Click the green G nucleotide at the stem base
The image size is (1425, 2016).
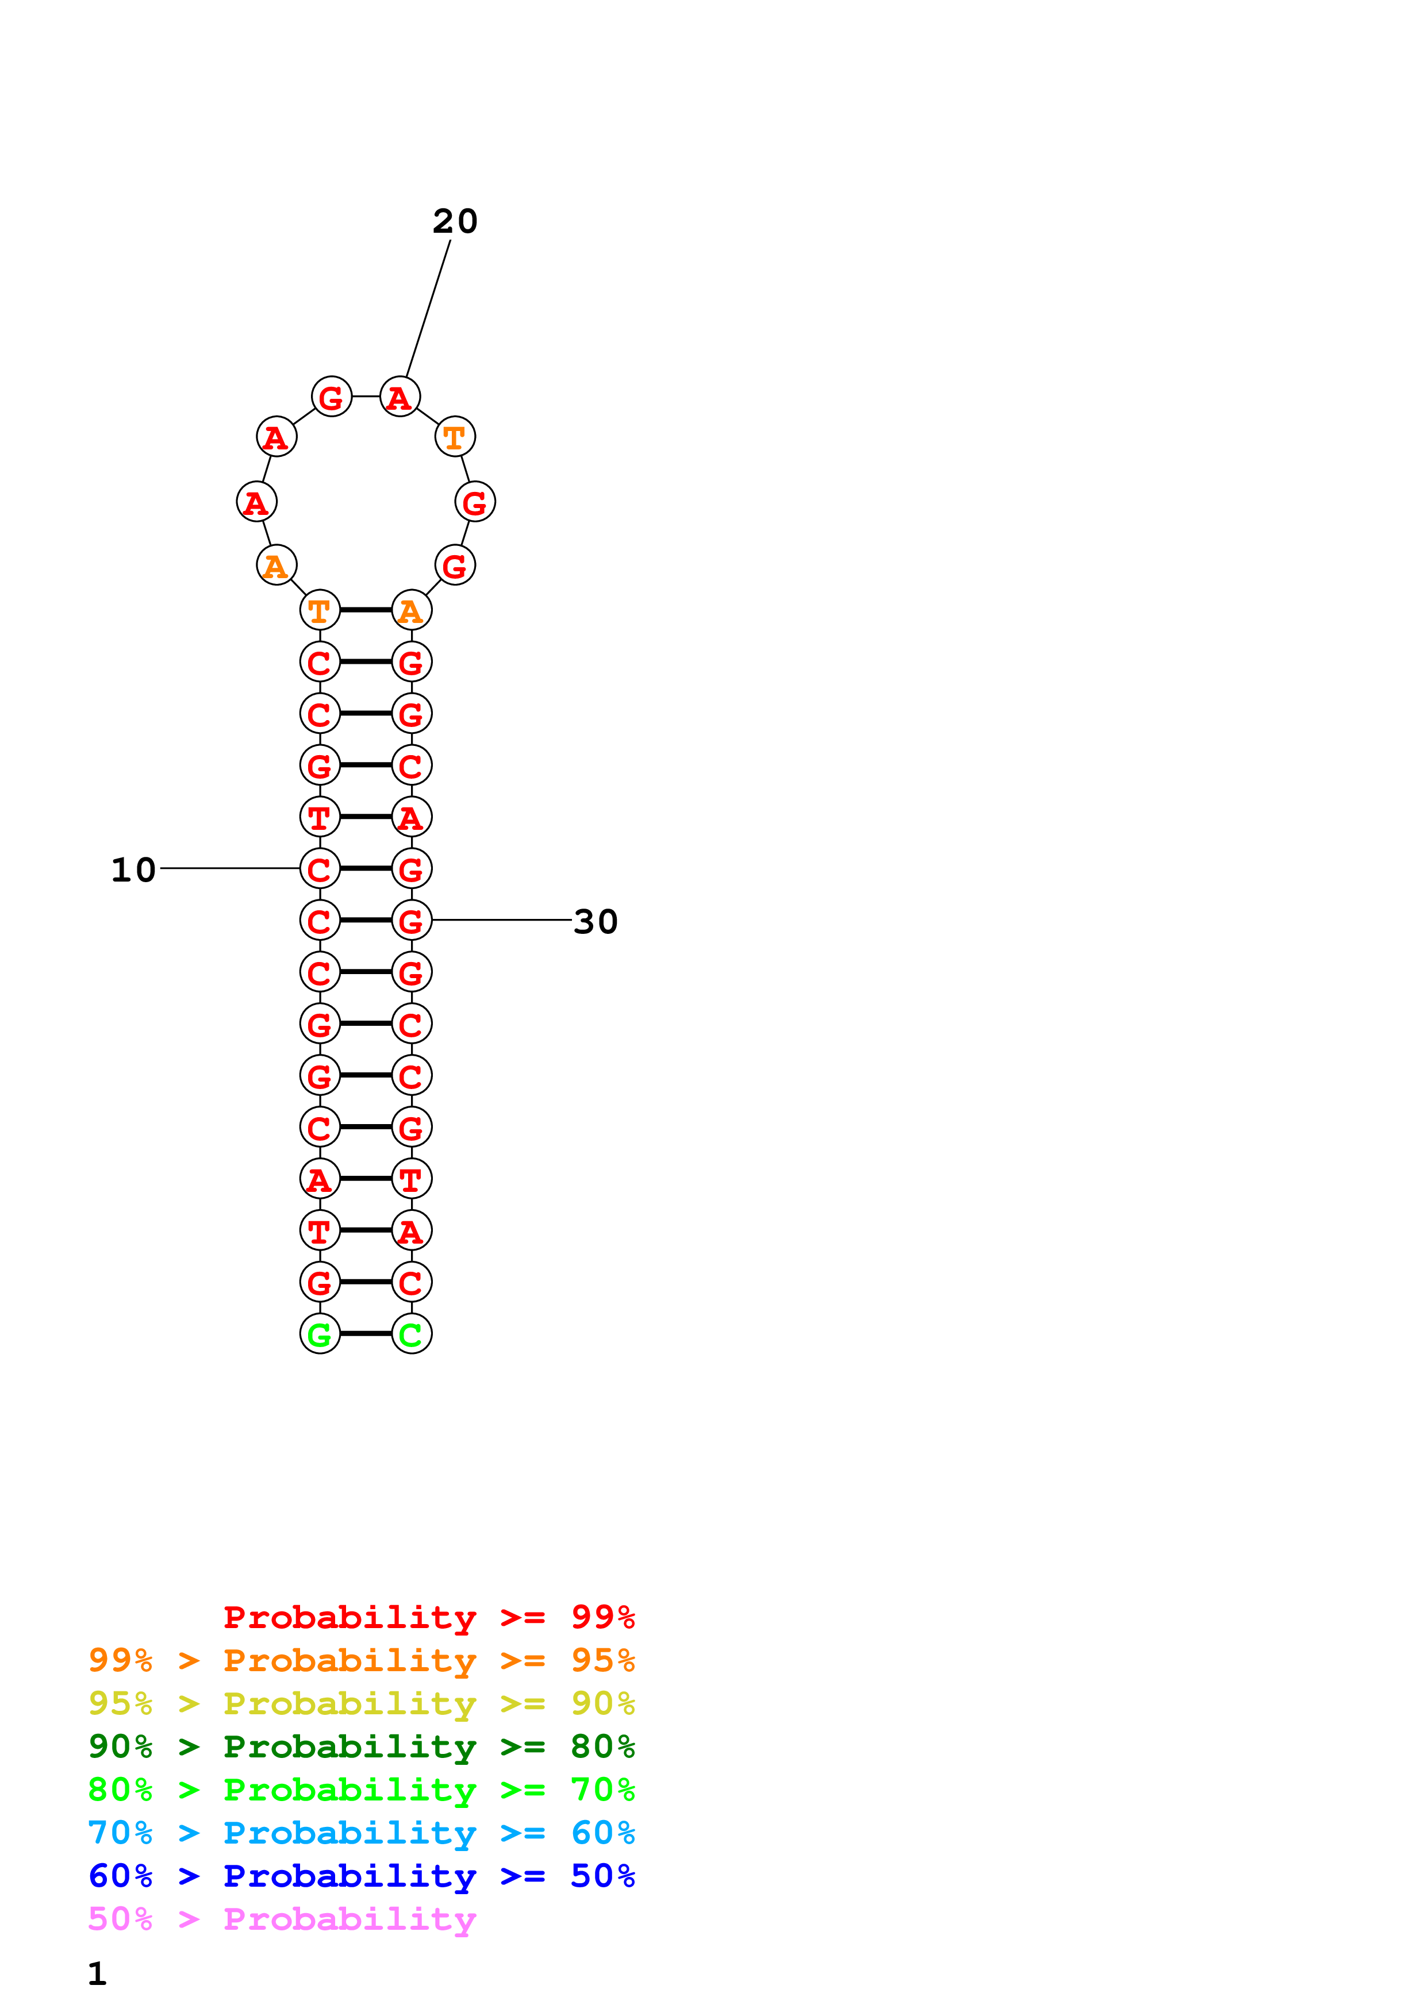tap(320, 1334)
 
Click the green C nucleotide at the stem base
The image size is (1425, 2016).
tap(411, 1334)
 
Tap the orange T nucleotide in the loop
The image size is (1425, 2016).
tap(455, 436)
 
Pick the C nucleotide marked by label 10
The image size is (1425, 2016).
tap(320, 868)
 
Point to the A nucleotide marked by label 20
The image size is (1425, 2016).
tap(400, 397)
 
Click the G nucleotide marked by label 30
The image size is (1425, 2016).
tap(411, 920)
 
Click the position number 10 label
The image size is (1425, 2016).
tap(133, 870)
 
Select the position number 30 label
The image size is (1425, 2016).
tap(596, 922)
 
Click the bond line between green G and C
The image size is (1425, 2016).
tap(365, 1334)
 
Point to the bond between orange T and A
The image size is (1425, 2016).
tap(365, 609)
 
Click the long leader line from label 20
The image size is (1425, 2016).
tap(428, 307)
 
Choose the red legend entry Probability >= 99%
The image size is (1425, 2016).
tap(428, 1617)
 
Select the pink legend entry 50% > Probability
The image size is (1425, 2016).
tap(282, 1919)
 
